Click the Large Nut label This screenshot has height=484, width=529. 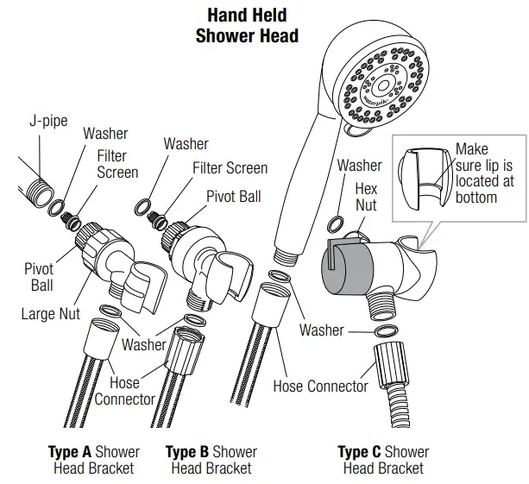pyautogui.click(x=50, y=314)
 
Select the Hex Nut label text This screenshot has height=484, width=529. pyautogui.click(x=366, y=197)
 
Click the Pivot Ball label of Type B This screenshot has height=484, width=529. pyautogui.click(x=233, y=197)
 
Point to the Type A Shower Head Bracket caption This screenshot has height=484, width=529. pyautogui.click(x=93, y=460)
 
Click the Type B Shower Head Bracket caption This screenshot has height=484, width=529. pyautogui.click(x=211, y=460)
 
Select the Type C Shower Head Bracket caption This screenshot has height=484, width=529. pyautogui.click(x=383, y=460)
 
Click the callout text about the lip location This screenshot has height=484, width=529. pyautogui.click(x=484, y=173)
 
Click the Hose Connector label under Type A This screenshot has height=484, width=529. pyautogui.click(x=124, y=391)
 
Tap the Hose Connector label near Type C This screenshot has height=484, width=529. pyautogui.click(x=320, y=386)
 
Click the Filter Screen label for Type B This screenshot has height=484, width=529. pyautogui.click(x=230, y=168)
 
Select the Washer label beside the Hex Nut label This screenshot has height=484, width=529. pyautogui.click(x=359, y=165)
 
